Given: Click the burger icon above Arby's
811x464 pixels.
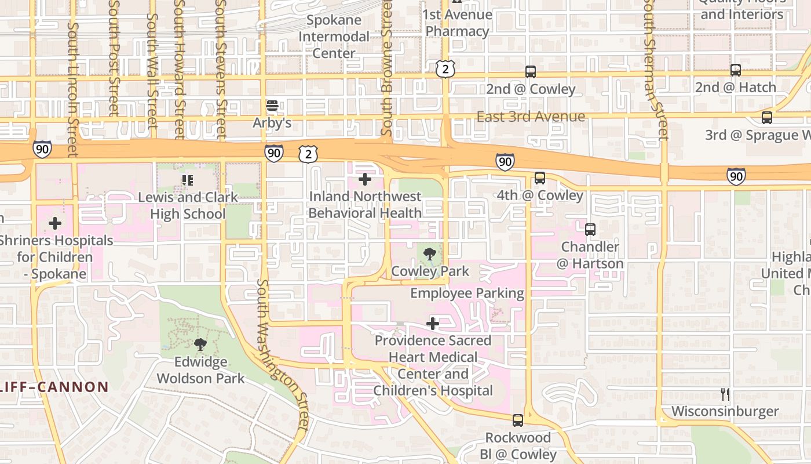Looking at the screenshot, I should coord(272,106).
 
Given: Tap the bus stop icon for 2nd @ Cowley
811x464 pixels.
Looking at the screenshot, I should coord(530,72).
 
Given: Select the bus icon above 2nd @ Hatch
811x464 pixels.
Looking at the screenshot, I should coord(736,70).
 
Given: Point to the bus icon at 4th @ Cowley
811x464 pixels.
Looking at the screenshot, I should coord(540,178).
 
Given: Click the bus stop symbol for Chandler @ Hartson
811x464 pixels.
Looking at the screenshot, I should coord(590,230).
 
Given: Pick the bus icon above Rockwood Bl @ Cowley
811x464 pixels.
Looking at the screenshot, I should coord(518,420).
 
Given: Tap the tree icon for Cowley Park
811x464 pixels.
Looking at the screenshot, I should coord(430,254).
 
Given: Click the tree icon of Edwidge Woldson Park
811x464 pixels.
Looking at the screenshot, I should coord(200,345).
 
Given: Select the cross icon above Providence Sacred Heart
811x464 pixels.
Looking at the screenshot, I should coord(433,324).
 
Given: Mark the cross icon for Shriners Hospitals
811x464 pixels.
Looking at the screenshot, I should coord(55,223).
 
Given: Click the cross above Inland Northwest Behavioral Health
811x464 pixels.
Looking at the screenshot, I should coord(365,179).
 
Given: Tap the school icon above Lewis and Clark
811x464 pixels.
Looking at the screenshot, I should coord(187,180).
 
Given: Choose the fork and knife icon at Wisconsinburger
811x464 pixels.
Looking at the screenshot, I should coord(725,394).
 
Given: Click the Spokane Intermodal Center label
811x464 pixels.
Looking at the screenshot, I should coord(334,37).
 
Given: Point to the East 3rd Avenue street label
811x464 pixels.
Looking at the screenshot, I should coord(531,117).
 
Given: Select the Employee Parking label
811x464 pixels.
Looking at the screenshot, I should coord(467,293).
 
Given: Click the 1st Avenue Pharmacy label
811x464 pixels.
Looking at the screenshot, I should coord(458,23).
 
